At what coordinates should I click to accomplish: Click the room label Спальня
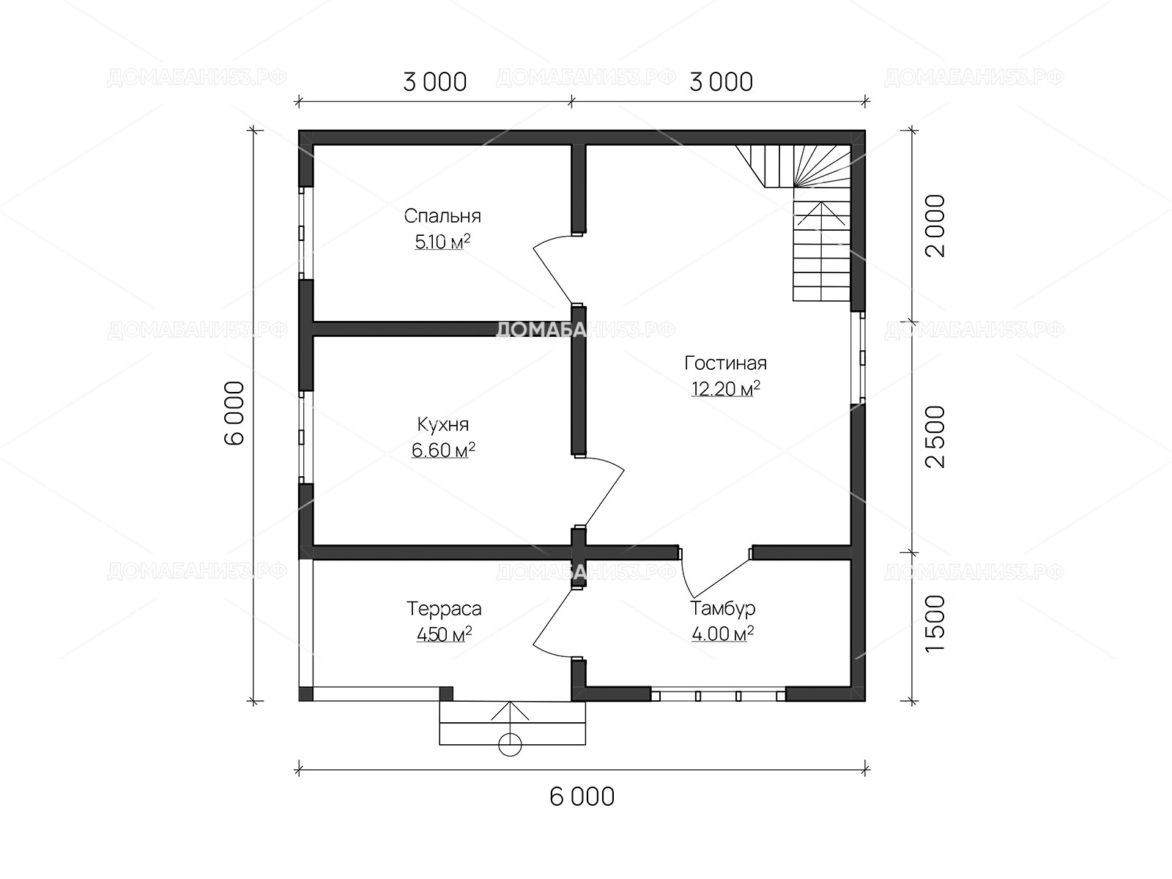pyautogui.click(x=442, y=216)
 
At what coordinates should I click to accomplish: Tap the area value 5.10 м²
pyautogui.click(x=442, y=242)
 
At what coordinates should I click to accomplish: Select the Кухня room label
pyautogui.click(x=442, y=425)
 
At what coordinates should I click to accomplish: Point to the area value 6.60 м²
pyautogui.click(x=442, y=450)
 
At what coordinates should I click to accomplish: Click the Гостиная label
pyautogui.click(x=726, y=363)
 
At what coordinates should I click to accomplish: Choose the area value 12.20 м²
pyautogui.click(x=726, y=388)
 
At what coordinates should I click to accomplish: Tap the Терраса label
pyautogui.click(x=444, y=609)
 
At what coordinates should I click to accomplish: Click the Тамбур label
pyautogui.click(x=722, y=609)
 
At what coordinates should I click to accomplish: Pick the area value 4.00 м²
pyautogui.click(x=722, y=634)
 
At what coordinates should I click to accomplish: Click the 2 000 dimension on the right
pyautogui.click(x=935, y=225)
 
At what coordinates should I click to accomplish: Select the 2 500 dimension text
pyautogui.click(x=935, y=437)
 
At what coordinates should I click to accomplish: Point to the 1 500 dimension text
pyautogui.click(x=935, y=623)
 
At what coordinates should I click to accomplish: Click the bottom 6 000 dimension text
pyautogui.click(x=582, y=797)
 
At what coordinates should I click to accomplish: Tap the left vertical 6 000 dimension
pyautogui.click(x=234, y=413)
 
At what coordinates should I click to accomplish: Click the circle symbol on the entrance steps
pyautogui.click(x=510, y=744)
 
